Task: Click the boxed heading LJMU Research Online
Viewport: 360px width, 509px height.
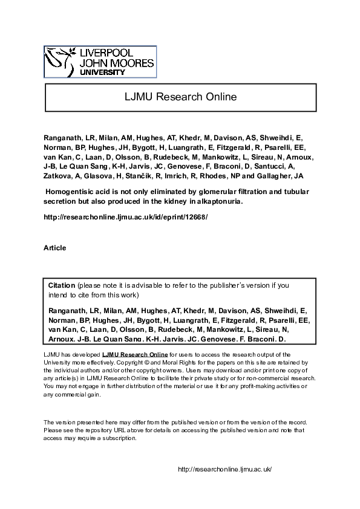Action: [180, 97]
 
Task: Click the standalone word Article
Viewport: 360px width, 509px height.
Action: [55, 248]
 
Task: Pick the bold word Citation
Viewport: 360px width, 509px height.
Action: [62, 285]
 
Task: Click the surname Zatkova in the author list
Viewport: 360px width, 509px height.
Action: [57, 176]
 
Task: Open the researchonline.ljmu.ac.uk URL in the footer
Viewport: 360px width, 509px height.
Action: [224, 469]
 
